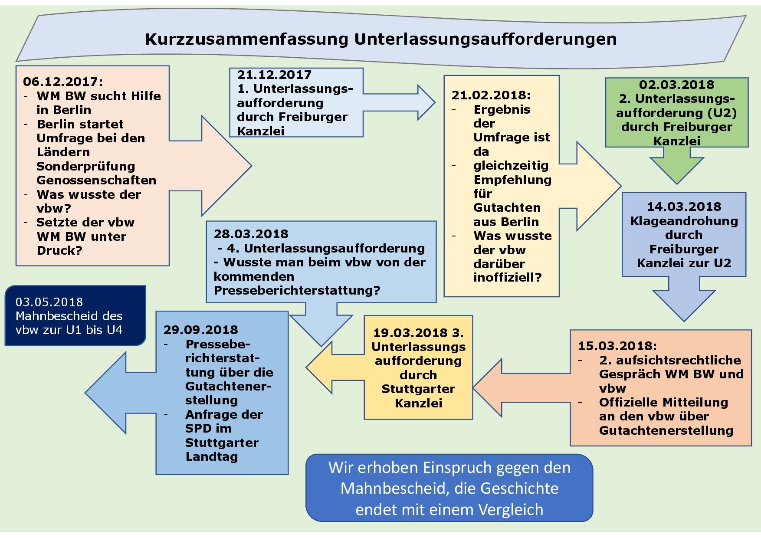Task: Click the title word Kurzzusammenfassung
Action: (246, 39)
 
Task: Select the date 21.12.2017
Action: (274, 75)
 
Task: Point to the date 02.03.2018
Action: (676, 85)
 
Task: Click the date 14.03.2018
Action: (684, 207)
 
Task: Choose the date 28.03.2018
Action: (251, 234)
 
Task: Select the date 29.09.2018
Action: (200, 330)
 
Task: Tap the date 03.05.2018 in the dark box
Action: (49, 302)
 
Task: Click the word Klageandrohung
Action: (684, 221)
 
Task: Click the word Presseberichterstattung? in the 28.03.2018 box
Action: (297, 290)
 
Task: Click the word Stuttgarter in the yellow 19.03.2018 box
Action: (418, 389)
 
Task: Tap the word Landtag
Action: (212, 456)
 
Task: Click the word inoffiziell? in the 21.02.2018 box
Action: (508, 277)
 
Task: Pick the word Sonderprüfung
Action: (86, 166)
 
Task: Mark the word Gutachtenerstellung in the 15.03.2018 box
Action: (666, 430)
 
